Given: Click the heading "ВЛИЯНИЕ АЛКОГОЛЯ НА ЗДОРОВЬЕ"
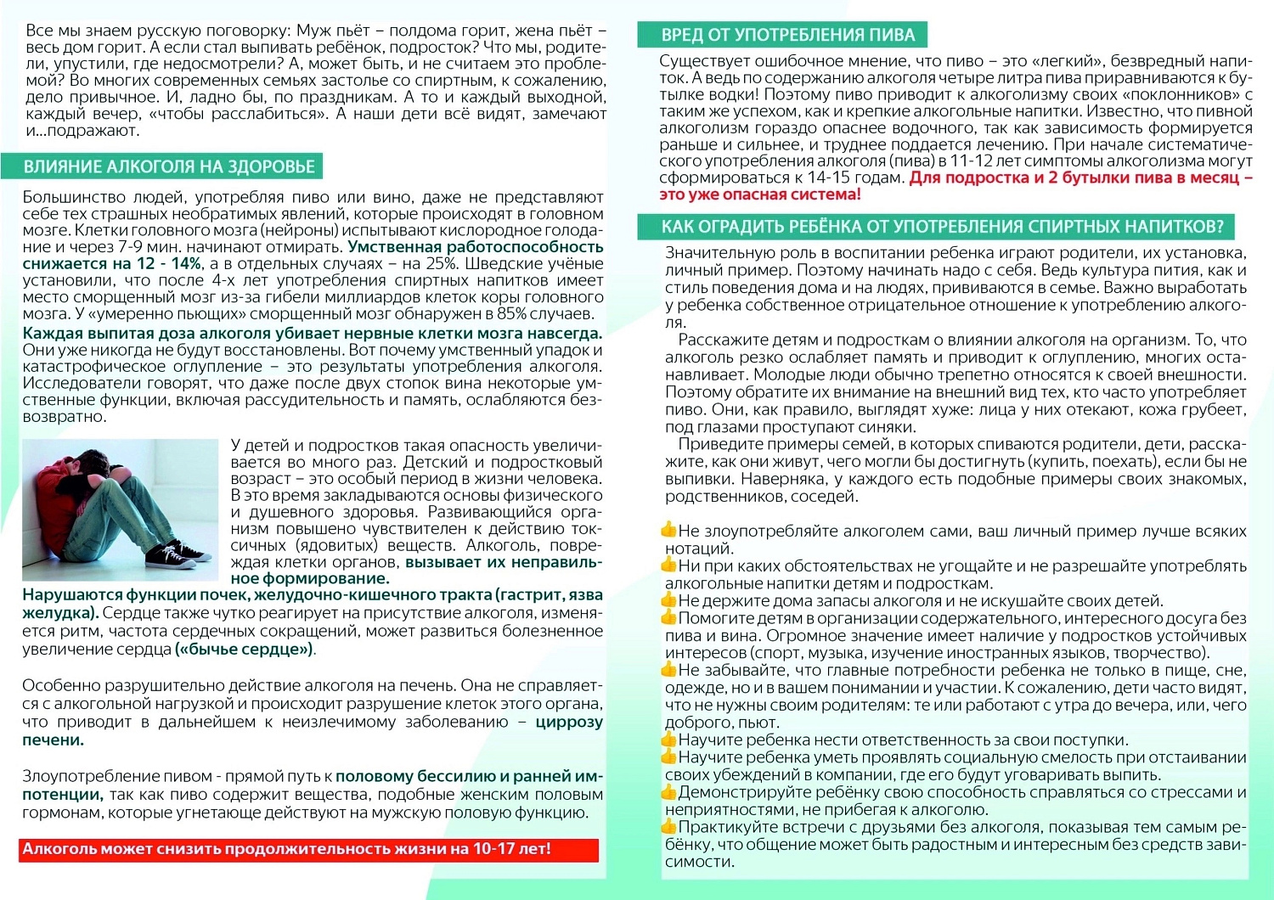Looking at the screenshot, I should coord(169,166).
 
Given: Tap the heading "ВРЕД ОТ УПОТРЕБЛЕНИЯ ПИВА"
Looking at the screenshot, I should coord(787,35).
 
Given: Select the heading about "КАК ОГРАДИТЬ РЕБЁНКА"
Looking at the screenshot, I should coord(942,226).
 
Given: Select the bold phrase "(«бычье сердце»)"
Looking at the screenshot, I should coord(244,650).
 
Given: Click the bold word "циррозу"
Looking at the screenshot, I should coord(569,722).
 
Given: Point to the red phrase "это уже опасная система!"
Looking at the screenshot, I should coord(760,194).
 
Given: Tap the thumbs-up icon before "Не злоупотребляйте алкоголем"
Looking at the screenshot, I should coord(669,531).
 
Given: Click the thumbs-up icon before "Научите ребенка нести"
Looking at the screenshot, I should coord(669,740).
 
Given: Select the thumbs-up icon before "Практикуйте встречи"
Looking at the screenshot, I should coord(669,826).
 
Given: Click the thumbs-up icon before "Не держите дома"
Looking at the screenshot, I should coord(669,600).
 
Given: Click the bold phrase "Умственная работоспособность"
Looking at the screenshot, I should coord(476,247).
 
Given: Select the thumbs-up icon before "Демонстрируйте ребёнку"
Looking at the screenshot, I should coord(669,791).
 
